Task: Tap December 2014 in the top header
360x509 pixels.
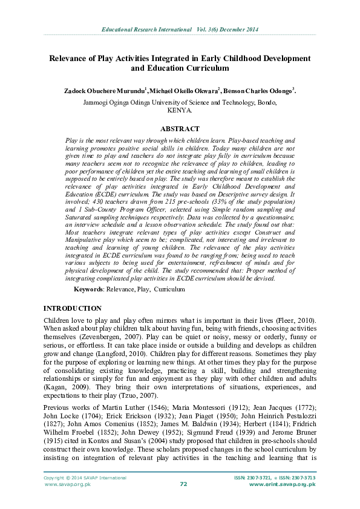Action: pyautogui.click(x=236, y=28)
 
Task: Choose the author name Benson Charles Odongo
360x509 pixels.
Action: pyautogui.click(x=258, y=91)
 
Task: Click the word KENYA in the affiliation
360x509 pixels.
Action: pyautogui.click(x=180, y=111)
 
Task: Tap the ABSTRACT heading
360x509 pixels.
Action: pyautogui.click(x=180, y=129)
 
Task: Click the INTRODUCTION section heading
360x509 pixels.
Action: pyautogui.click(x=73, y=308)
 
